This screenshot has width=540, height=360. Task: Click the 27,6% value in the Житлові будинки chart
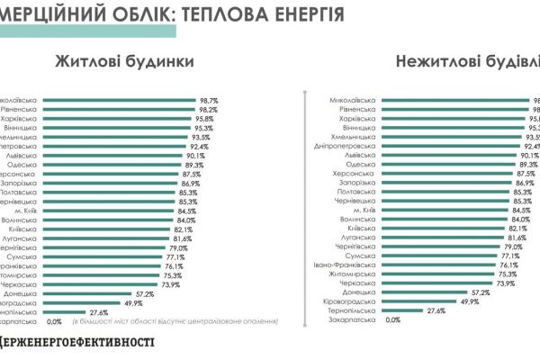point(98,311)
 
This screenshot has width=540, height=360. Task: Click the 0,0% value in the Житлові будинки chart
point(54,320)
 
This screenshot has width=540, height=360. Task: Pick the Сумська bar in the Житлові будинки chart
point(112,256)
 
